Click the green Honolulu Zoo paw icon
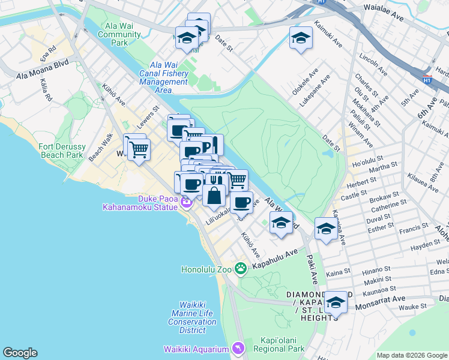point(241,268)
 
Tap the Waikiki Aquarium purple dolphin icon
point(238,349)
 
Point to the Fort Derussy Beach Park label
point(61,150)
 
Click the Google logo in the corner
point(20,353)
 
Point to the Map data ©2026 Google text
point(411,355)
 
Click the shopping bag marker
point(214,195)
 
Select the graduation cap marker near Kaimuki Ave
point(301,39)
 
